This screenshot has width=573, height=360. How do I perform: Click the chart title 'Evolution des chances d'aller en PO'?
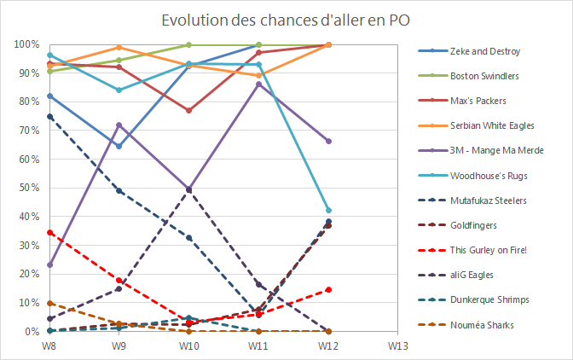286,20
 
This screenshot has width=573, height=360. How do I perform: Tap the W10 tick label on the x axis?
189,345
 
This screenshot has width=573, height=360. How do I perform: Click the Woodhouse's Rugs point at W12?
328,210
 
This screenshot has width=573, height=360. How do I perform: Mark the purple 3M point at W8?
50,264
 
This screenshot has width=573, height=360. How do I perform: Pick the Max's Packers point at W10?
189,111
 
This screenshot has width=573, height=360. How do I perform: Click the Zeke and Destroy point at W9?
119,146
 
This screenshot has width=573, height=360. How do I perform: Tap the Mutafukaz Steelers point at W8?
50,117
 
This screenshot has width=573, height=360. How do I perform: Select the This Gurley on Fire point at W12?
328,289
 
